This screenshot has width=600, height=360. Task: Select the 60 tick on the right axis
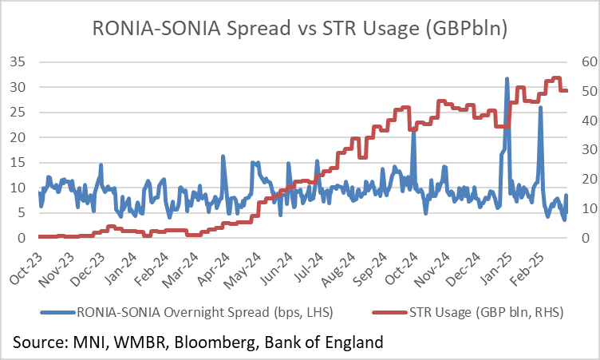(567, 61)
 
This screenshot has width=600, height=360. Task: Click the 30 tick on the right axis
(567, 149)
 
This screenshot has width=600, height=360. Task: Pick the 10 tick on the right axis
(567, 208)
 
